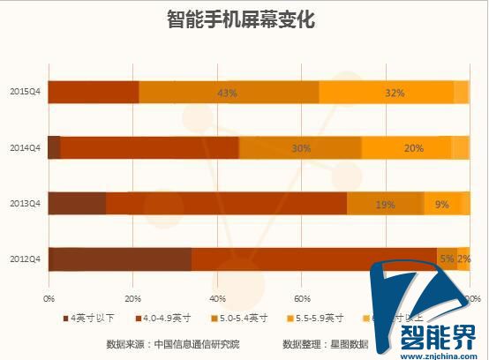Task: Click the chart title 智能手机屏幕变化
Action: pyautogui.click(x=240, y=19)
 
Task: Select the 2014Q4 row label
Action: pyautogui.click(x=22, y=148)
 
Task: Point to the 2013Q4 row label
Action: pyautogui.click(x=22, y=204)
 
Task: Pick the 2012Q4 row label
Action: pyautogui.click(x=22, y=259)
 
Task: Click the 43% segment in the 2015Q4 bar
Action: pyautogui.click(x=229, y=93)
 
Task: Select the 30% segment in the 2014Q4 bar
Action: pyautogui.click(x=300, y=148)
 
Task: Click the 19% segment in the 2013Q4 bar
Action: pyautogui.click(x=385, y=204)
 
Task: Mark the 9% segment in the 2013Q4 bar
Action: pyautogui.click(x=441, y=204)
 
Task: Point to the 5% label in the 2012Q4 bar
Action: pyautogui.click(x=447, y=259)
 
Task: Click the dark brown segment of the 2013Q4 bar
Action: pyautogui.click(x=77, y=204)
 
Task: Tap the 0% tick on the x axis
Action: pyautogui.click(x=49, y=298)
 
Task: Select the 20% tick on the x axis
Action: pyautogui.click(x=134, y=298)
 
